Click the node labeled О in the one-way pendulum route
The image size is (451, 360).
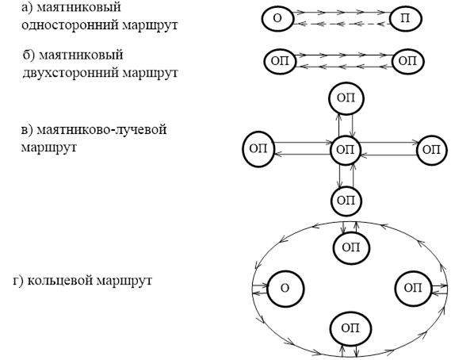(x=277, y=19)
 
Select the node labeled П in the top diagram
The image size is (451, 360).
(x=406, y=19)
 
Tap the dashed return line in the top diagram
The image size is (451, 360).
(x=342, y=24)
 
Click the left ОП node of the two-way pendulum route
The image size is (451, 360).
(x=280, y=61)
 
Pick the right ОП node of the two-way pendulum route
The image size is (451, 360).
(x=408, y=61)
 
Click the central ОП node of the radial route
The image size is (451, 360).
(x=345, y=150)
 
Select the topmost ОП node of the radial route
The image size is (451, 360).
(x=346, y=98)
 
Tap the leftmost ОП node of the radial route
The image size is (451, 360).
(x=258, y=149)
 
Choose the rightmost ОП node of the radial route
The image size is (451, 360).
(x=432, y=150)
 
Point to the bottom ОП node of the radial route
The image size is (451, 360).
(x=346, y=201)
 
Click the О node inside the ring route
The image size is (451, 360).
(x=285, y=289)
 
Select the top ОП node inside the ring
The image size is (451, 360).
(x=351, y=247)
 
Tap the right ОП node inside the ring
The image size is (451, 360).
(x=413, y=289)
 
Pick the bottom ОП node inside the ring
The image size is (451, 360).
(x=350, y=328)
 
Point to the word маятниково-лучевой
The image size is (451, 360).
(x=101, y=129)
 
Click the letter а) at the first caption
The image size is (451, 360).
(x=27, y=7)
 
